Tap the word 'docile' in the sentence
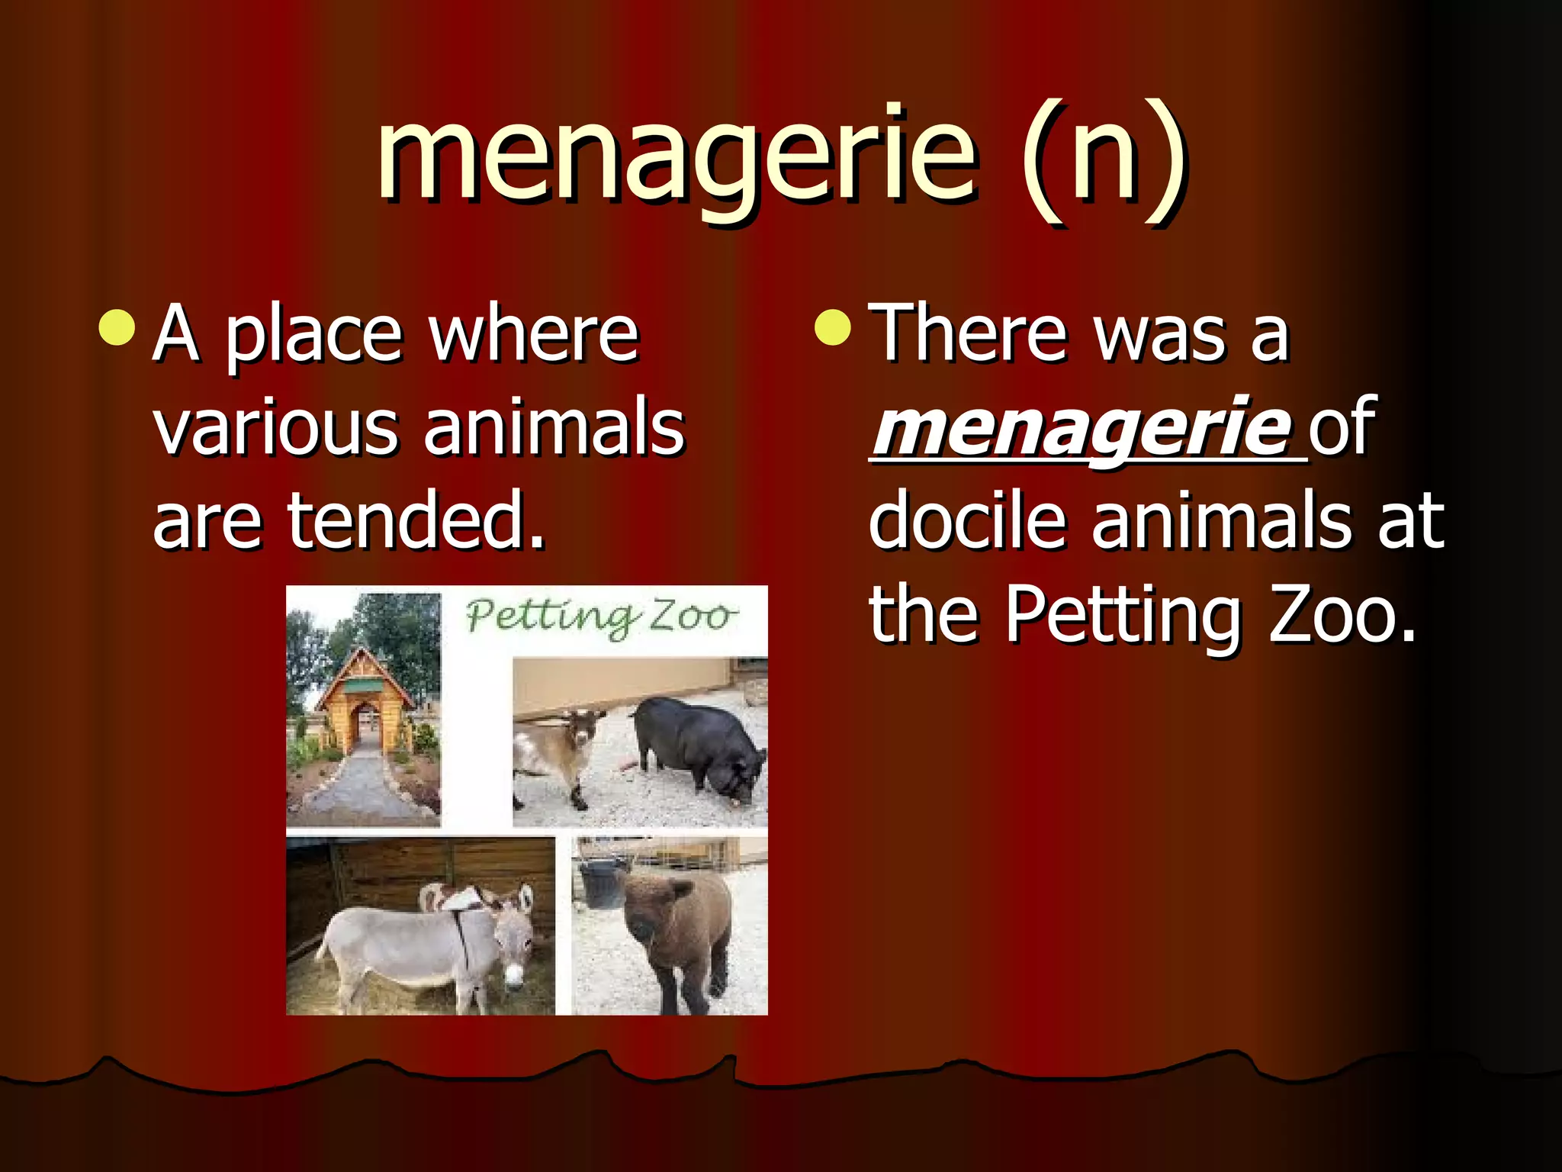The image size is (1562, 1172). (967, 522)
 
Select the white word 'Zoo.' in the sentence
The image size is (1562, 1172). (1342, 615)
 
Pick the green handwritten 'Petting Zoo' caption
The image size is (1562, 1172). (601, 617)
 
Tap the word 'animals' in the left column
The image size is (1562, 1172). (554, 427)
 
